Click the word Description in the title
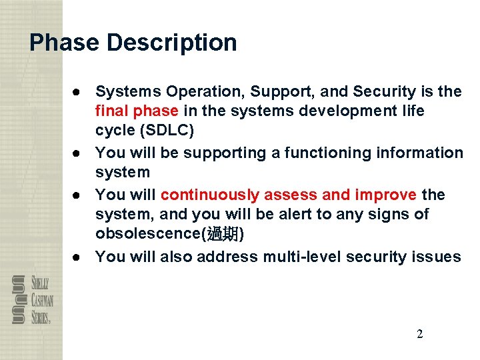(172, 43)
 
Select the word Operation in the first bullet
(196, 92)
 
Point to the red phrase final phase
(137, 111)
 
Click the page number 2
(419, 334)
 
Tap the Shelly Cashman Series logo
(31, 300)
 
